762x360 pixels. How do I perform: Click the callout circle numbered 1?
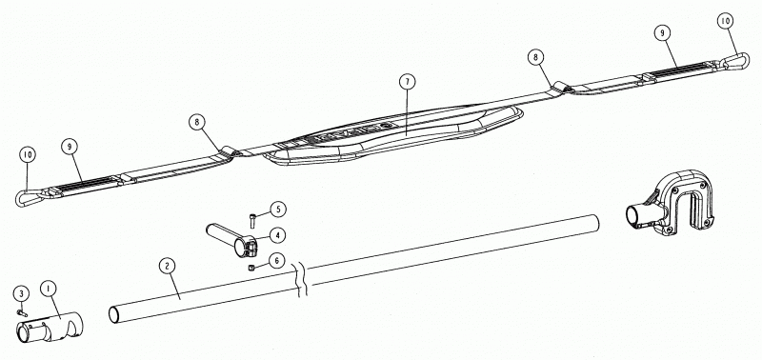pos(49,289)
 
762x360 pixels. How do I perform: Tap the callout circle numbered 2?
pos(168,266)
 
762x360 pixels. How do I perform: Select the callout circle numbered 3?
pos(21,293)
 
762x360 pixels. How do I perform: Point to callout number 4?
pos(277,235)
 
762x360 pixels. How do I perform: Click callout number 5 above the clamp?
pos(278,210)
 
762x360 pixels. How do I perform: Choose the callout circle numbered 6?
pos(276,261)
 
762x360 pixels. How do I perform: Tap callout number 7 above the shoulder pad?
pos(408,82)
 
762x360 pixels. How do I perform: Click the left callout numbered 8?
pos(197,122)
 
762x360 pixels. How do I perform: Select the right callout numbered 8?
pos(535,57)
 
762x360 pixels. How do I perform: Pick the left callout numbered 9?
pos(70,147)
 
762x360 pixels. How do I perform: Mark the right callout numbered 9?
pos(662,33)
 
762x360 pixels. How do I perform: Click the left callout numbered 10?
pos(28,154)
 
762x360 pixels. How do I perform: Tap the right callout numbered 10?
pos(726,21)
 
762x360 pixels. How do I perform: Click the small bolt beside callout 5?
pos(252,221)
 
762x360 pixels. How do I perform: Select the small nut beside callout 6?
pos(251,267)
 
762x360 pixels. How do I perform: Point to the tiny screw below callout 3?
pos(21,313)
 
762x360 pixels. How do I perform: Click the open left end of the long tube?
pos(113,314)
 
